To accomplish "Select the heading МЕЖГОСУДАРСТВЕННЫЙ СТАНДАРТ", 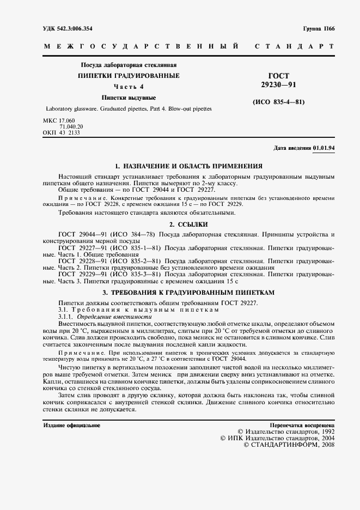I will [x=188, y=47].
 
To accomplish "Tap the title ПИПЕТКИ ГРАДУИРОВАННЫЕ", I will [x=129, y=76].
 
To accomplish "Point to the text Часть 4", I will [x=129, y=87].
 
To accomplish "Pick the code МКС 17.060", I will [x=59, y=120].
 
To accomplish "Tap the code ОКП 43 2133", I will [x=62, y=132].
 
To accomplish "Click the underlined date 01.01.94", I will [x=324, y=148].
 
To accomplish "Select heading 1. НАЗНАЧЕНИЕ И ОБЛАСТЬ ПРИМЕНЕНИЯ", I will [x=189, y=166].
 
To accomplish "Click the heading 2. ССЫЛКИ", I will [x=189, y=224].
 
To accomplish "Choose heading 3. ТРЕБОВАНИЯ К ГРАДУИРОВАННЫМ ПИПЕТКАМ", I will [x=189, y=293].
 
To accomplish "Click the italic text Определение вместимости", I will [x=114, y=317].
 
